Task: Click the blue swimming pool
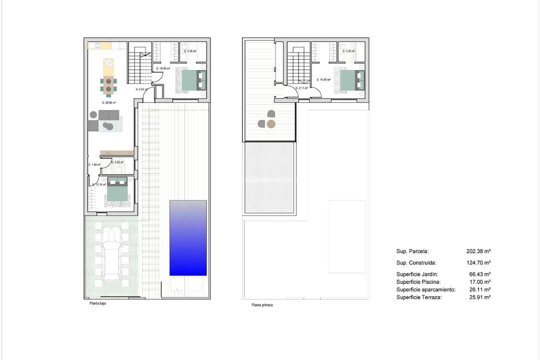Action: (188, 238)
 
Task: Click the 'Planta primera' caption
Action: (262, 304)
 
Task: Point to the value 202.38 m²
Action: (478, 251)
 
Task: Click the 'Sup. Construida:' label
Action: (416, 262)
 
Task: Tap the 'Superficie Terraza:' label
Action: (419, 297)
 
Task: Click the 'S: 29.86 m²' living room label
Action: (108, 102)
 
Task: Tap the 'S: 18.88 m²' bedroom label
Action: (163, 68)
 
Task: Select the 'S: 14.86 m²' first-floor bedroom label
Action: (324, 79)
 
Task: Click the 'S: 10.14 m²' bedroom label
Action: (99, 184)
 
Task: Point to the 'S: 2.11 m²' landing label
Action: (301, 88)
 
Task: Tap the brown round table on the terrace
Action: (270, 124)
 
